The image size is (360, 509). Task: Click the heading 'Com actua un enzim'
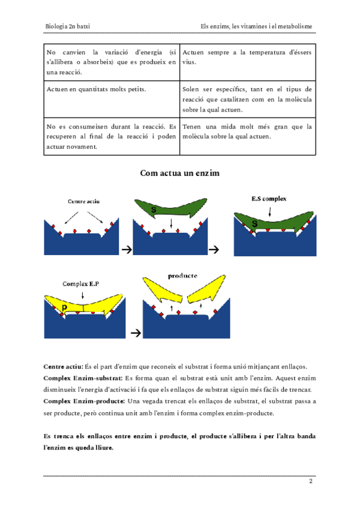coord(180,173)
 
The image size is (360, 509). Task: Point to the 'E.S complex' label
coord(269,199)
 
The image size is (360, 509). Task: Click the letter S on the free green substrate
coord(154,210)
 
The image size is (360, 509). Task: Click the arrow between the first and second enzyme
coord(127,248)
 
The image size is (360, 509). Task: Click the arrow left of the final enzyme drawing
coord(136,332)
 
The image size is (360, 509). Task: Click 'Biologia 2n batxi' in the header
coord(72,26)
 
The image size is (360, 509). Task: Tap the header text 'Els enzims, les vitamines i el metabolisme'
coord(257,26)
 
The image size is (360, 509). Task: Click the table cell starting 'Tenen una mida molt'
coord(247,131)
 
